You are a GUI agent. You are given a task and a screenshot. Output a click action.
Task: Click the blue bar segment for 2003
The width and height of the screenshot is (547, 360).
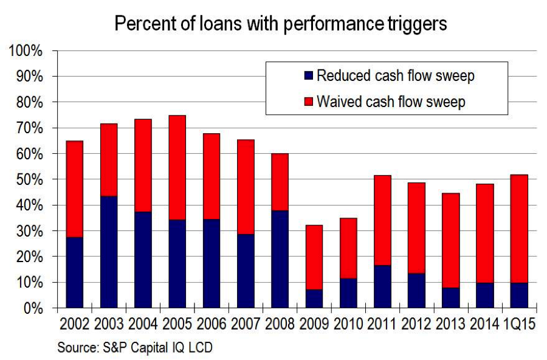click(x=109, y=252)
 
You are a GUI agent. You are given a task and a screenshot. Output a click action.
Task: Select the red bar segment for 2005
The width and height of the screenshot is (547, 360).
click(x=177, y=168)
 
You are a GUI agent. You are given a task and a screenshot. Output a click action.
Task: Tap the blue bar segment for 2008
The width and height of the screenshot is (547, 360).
click(x=280, y=259)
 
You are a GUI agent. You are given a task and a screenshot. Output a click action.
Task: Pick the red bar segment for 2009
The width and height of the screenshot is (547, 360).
click(x=314, y=257)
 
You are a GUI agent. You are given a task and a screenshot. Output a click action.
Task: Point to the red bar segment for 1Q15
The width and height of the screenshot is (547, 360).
click(x=519, y=229)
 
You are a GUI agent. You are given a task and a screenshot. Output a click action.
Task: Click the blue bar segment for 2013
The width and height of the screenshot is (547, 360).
click(x=451, y=298)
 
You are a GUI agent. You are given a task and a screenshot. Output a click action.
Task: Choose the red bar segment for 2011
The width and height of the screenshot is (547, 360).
click(x=382, y=220)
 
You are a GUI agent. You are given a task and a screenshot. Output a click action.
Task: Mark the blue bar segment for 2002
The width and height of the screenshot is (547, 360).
click(x=75, y=272)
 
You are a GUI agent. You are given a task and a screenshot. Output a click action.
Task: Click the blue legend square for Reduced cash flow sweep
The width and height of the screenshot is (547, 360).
click(x=309, y=75)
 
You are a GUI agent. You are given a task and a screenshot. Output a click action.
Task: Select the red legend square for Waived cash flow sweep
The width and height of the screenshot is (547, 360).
click(x=309, y=102)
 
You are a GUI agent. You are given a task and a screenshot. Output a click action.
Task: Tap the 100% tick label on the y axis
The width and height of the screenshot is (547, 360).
click(x=26, y=51)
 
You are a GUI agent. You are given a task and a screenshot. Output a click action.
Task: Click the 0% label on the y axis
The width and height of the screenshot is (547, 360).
click(x=33, y=309)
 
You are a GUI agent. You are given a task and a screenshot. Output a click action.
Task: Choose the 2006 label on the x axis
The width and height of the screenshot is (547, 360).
click(x=212, y=324)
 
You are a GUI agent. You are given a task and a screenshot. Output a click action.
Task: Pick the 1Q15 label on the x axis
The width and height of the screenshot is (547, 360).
click(x=520, y=324)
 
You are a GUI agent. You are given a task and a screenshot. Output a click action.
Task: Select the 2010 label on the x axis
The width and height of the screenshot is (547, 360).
click(x=348, y=324)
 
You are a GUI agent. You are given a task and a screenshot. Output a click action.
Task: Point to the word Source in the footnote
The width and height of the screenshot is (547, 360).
click(x=77, y=347)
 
